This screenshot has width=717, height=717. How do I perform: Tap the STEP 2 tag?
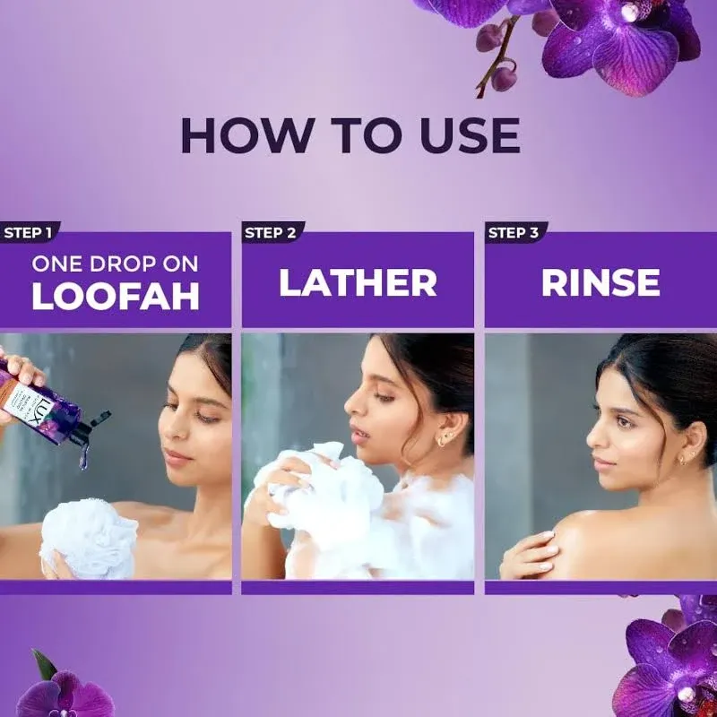click(270, 233)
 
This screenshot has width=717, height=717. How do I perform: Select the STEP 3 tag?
click(514, 233)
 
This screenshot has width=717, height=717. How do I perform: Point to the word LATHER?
click(358, 282)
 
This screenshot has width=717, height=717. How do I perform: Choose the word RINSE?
click(600, 282)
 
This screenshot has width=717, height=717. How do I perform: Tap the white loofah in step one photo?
click(90, 538)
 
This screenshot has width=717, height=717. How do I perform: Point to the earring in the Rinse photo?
click(683, 459)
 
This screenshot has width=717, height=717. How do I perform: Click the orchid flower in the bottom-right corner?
click(668, 663)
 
